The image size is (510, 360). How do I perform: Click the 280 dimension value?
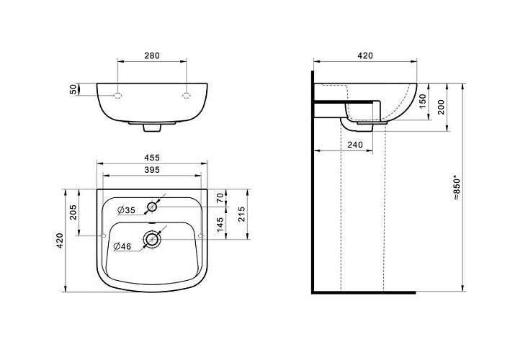coord(152,55)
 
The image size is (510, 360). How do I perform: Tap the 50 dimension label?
coord(73,89)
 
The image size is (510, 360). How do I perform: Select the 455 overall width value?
coord(152,158)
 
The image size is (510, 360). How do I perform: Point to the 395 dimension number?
coord(152,170)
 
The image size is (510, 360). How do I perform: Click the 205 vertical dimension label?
coord(73,212)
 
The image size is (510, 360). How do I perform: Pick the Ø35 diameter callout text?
coord(126,210)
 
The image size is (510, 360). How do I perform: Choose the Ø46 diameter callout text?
coord(122,246)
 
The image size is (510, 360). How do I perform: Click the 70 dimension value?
coord(220,198)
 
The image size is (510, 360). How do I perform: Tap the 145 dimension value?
coord(220,225)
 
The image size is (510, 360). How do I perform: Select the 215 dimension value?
coord(241,214)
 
